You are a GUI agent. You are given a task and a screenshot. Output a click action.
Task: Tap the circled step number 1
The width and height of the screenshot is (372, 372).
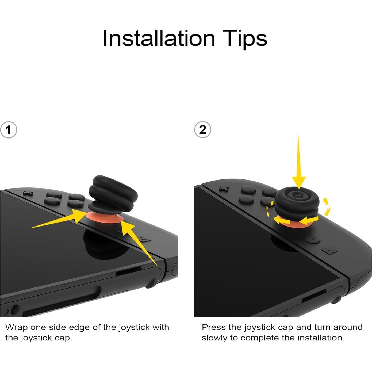9,130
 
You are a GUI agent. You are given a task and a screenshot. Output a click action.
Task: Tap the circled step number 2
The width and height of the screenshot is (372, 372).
202,130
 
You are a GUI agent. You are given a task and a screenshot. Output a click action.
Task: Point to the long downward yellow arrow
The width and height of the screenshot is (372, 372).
298,163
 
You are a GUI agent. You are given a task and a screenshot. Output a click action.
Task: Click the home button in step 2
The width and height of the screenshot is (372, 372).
313,239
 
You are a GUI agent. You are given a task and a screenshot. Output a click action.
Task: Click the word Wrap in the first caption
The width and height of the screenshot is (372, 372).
16,327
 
